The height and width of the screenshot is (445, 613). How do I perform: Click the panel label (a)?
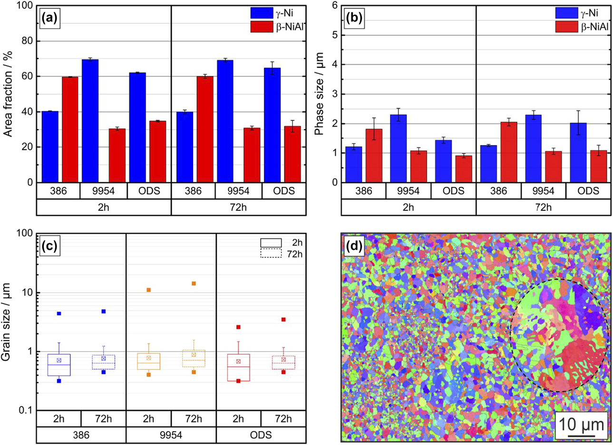click(49, 19)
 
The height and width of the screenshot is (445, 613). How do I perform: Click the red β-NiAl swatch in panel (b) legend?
click(566, 27)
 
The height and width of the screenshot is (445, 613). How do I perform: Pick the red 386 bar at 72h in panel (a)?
click(204, 129)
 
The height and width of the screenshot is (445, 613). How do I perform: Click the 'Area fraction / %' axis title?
click(8, 94)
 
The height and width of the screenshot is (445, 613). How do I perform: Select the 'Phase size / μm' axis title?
click(319, 94)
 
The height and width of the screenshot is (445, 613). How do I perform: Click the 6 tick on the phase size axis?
click(334, 6)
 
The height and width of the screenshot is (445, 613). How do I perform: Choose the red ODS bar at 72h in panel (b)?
click(599, 166)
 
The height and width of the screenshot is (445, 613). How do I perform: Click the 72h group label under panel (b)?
click(543, 207)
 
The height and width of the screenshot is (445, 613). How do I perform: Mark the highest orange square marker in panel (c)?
click(194, 284)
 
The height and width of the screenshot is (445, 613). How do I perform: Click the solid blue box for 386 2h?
click(59, 365)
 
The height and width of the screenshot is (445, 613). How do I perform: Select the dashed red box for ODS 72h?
click(283, 362)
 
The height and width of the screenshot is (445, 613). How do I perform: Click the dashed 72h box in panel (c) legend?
click(271, 254)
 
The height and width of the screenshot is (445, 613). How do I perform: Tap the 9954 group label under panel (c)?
click(171, 435)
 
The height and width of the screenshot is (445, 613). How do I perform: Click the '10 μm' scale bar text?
click(581, 424)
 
